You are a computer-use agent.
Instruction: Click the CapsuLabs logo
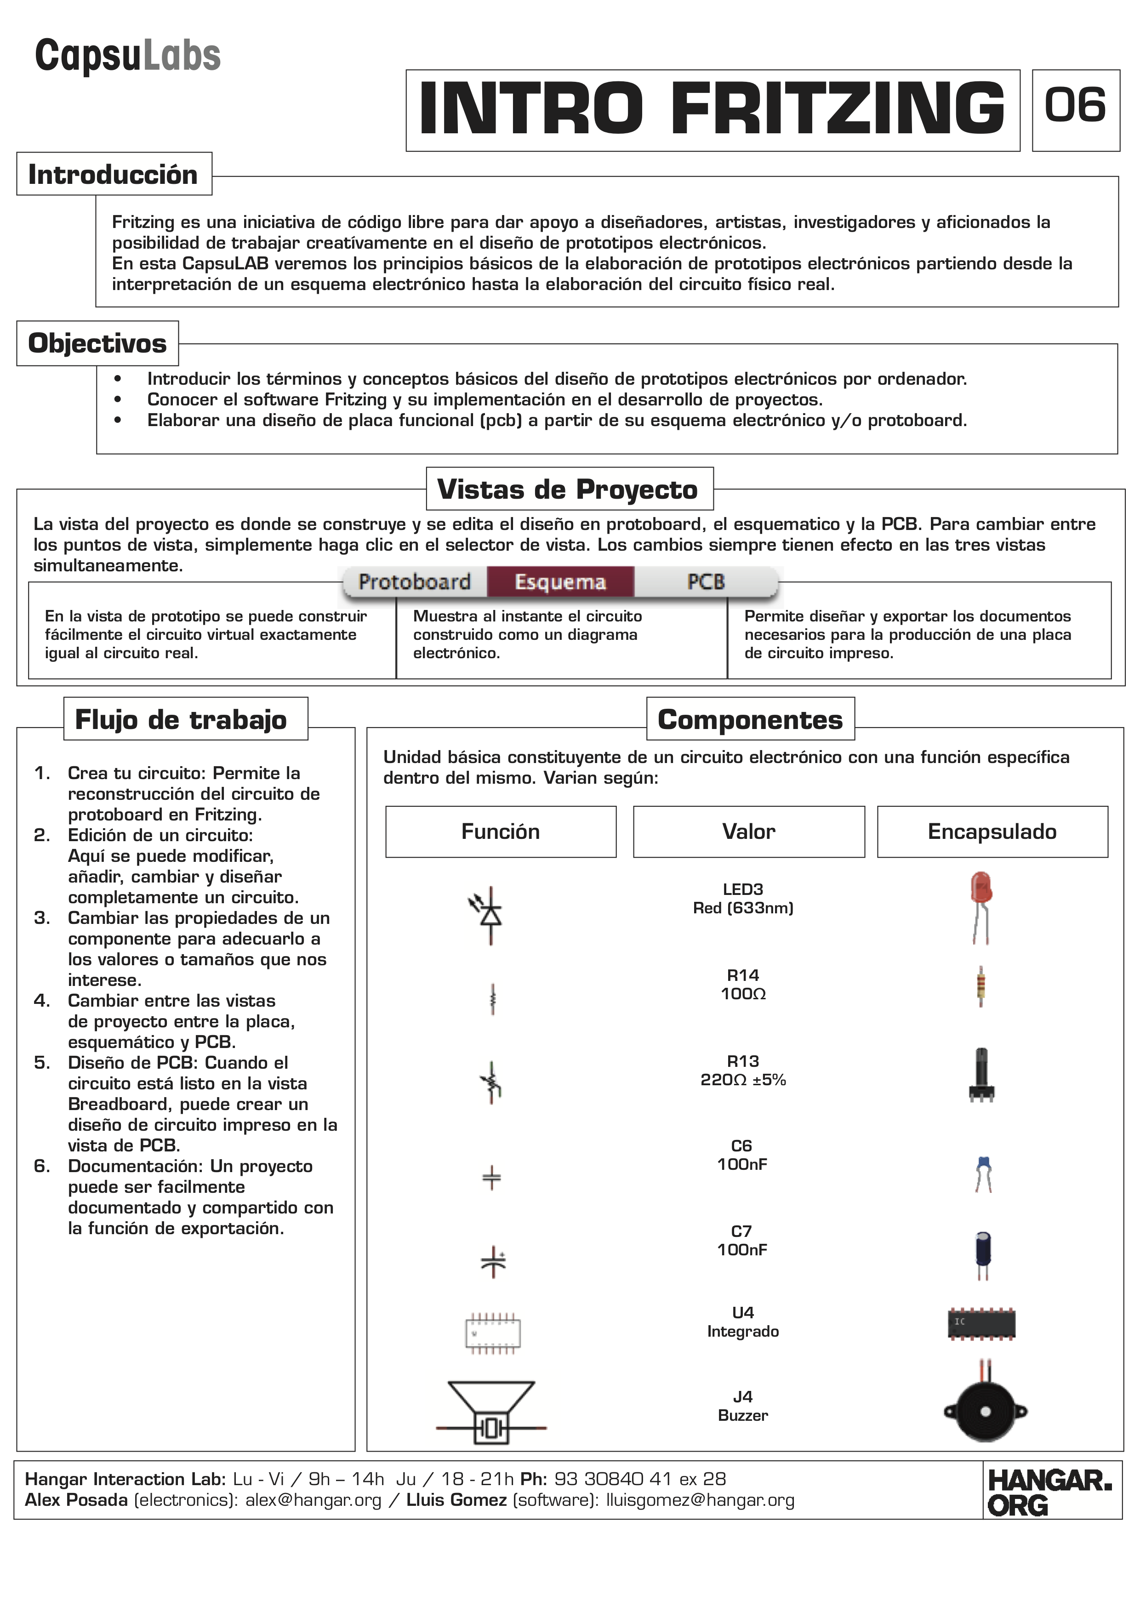click(x=128, y=56)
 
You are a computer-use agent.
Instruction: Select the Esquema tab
click(x=560, y=582)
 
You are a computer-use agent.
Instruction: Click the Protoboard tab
click(x=414, y=582)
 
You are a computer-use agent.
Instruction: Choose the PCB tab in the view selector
click(x=706, y=582)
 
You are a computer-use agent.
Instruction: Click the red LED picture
click(x=980, y=906)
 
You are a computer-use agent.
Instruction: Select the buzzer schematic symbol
click(x=491, y=1411)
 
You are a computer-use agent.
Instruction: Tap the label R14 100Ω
click(x=743, y=984)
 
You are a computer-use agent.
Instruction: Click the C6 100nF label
click(x=742, y=1155)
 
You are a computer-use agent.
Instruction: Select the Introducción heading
click(x=113, y=174)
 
